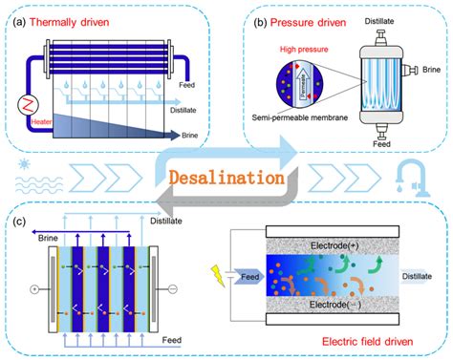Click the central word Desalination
click(226, 179)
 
